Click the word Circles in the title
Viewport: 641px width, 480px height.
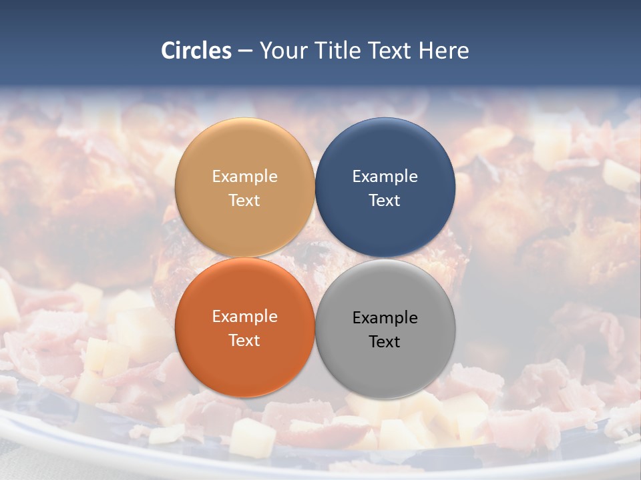point(196,51)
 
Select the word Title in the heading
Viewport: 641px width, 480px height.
point(339,51)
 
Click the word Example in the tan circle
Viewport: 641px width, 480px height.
point(244,177)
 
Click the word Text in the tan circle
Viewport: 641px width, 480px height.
point(244,201)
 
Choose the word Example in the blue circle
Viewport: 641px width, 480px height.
point(385,177)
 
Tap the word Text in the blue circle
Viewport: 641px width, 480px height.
point(385,201)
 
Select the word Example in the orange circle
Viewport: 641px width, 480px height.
point(244,317)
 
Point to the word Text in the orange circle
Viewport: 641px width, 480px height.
point(244,341)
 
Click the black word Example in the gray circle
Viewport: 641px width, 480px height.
point(385,318)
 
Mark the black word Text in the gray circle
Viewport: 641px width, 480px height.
point(385,342)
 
